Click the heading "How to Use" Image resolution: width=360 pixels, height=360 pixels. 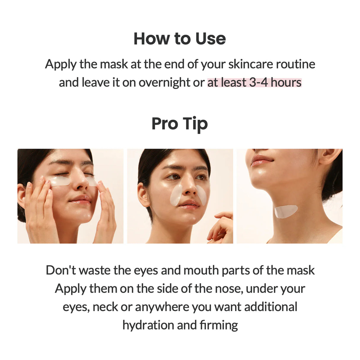(180, 39)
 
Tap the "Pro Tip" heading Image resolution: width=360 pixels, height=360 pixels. (180, 124)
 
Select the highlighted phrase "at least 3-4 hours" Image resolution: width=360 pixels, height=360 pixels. (254, 82)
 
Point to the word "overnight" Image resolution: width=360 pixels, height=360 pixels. (165, 83)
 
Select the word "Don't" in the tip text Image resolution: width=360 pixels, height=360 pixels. (61, 270)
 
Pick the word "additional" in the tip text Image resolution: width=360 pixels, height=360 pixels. (270, 307)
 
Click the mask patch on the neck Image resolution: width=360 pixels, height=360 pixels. (286, 211)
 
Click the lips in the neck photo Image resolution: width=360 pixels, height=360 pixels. (261, 160)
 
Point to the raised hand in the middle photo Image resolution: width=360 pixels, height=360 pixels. (221, 228)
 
